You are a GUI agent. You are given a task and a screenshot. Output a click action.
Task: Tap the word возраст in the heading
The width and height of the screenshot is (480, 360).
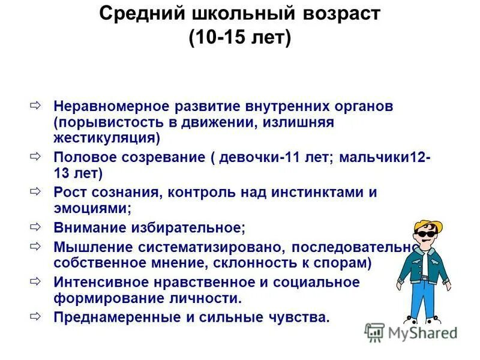(340, 13)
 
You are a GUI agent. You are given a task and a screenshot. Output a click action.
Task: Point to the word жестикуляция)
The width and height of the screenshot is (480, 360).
(107, 138)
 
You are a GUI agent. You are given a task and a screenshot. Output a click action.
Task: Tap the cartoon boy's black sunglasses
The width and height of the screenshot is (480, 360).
(424, 235)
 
